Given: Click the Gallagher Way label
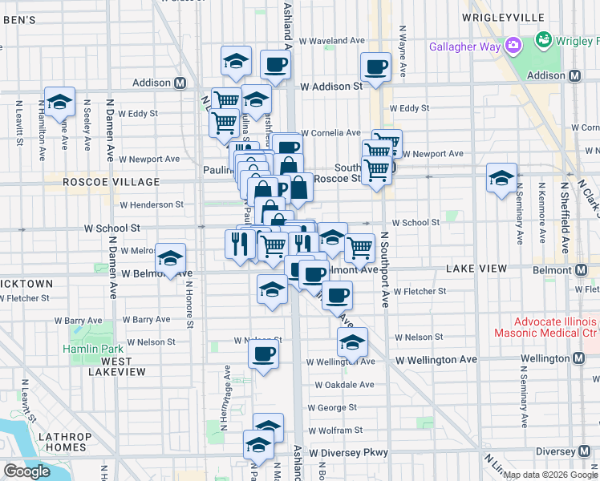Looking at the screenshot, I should coord(465,46).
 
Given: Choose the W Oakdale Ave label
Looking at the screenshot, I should coord(344,385).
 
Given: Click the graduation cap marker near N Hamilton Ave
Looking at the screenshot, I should coord(59,102).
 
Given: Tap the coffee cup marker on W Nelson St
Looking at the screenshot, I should coord(263,353).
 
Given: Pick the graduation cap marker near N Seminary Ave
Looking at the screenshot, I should coord(501,178).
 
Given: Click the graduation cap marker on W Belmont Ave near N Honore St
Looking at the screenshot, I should coord(170,259).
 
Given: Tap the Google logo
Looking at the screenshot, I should coord(26,471).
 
